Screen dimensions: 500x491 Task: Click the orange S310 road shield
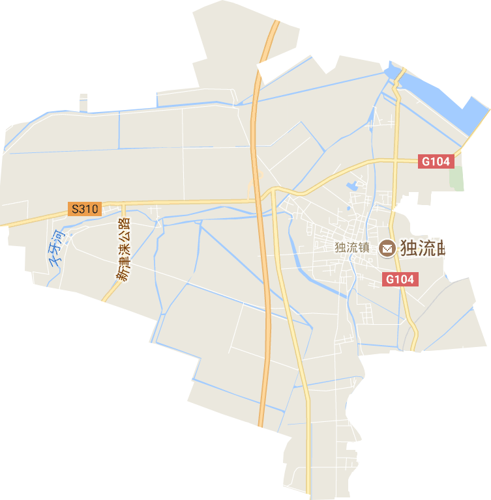point(84,209)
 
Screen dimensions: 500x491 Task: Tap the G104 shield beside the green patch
point(436,161)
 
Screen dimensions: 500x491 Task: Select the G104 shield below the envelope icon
point(399,279)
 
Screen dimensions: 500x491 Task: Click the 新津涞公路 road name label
point(124,249)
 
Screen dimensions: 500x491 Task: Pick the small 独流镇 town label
point(352,248)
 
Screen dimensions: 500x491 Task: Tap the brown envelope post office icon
point(387,248)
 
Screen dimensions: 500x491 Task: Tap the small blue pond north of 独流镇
point(352,185)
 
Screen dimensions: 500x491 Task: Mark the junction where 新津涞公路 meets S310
point(121,206)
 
